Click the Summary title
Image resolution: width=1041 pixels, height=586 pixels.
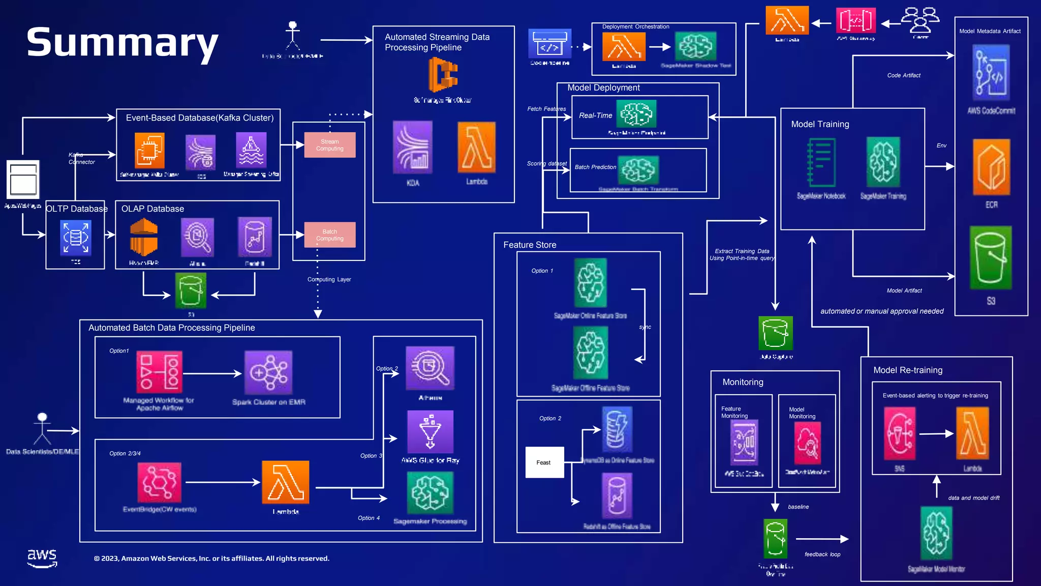coord(122,43)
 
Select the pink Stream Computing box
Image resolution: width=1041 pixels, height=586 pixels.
coord(330,145)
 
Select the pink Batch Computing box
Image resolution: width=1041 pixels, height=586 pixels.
coord(330,235)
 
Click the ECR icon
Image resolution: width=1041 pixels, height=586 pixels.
coord(991,167)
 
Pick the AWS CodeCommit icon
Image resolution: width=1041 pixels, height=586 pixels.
coord(991,73)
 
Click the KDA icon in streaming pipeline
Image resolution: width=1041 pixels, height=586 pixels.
coord(413,148)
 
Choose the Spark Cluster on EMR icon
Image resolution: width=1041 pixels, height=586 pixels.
coord(268,372)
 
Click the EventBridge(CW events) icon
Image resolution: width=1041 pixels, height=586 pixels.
coord(159,482)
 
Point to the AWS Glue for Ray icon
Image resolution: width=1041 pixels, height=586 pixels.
coord(430,431)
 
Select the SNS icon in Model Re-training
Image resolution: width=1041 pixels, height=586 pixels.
coord(900,434)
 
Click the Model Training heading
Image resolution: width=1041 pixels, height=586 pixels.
coord(820,124)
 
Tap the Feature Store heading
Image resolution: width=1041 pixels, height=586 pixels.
coord(530,245)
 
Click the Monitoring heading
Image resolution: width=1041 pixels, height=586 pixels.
coord(743,382)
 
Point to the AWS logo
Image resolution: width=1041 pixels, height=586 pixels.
coord(42,558)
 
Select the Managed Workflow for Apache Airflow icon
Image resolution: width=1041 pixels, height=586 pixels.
coord(159,372)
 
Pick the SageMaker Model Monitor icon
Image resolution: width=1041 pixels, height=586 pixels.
coord(936,533)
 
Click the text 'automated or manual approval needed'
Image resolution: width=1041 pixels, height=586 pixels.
coord(882,311)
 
